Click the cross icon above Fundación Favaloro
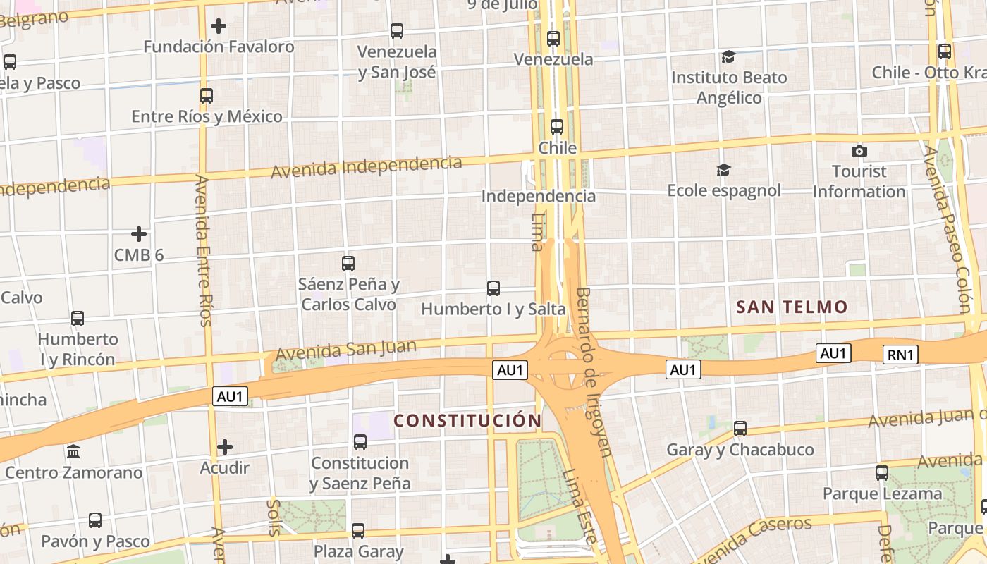click(219, 27)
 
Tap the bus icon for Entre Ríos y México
click(206, 96)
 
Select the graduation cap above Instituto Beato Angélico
click(728, 57)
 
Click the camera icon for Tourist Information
click(859, 151)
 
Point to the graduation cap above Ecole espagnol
click(723, 170)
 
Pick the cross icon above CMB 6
click(139, 234)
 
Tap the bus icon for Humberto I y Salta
click(493, 288)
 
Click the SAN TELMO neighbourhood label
click(792, 307)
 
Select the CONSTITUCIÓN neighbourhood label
click(467, 421)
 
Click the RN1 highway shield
click(901, 355)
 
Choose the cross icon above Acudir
click(225, 447)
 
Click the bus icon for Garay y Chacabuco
click(740, 429)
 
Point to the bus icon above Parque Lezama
click(882, 473)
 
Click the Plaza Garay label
click(359, 551)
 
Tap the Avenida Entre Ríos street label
click(203, 251)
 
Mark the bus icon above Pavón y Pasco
click(95, 521)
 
